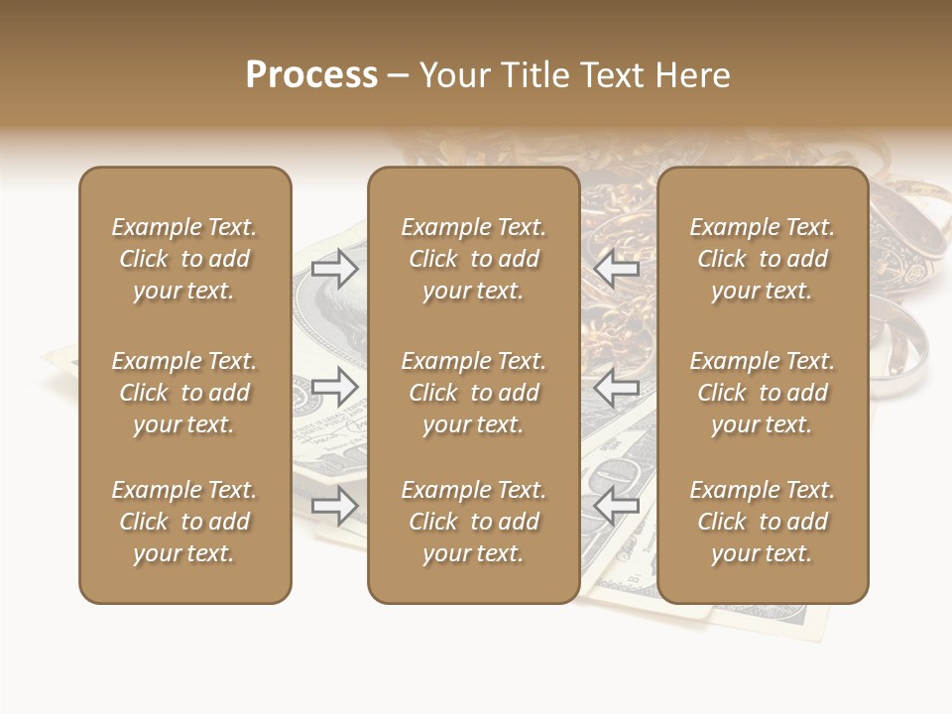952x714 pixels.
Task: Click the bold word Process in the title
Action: click(x=311, y=75)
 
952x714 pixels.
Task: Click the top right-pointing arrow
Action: click(x=335, y=269)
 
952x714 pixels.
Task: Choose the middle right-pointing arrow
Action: click(x=335, y=388)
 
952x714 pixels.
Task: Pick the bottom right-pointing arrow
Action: click(x=335, y=507)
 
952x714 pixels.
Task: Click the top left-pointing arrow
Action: click(x=616, y=269)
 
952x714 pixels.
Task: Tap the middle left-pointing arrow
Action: click(x=616, y=388)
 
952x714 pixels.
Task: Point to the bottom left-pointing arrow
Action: click(x=616, y=507)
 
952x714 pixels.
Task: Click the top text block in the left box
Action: click(x=184, y=259)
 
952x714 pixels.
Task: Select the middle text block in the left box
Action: click(x=184, y=393)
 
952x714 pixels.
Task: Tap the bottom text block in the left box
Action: click(x=184, y=522)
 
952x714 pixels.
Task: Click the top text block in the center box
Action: click(x=473, y=259)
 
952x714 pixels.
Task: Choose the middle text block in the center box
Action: click(x=473, y=393)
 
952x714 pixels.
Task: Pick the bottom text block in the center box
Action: click(x=473, y=522)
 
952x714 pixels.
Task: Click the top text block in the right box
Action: click(x=762, y=259)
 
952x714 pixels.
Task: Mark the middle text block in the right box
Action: click(x=762, y=393)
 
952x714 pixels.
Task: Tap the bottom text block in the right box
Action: click(x=762, y=522)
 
